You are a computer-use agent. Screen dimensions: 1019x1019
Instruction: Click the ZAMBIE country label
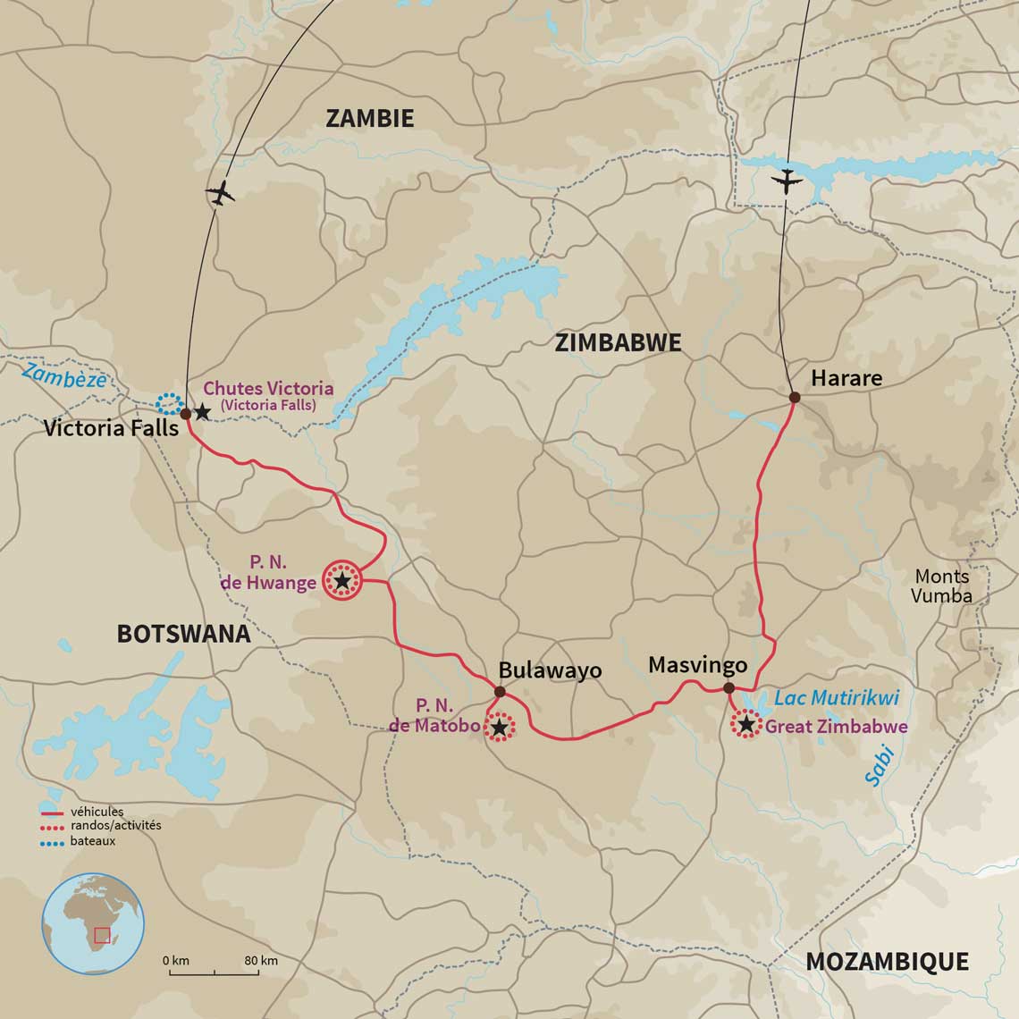[x=369, y=118]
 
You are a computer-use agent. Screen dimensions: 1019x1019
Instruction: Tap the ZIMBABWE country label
[x=618, y=342]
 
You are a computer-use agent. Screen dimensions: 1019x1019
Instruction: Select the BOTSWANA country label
[x=183, y=634]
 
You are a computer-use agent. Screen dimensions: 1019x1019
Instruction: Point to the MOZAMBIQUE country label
[x=887, y=961]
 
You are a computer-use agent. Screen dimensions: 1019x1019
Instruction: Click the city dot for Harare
[x=793, y=397]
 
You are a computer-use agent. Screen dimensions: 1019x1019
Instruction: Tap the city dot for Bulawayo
[x=500, y=692]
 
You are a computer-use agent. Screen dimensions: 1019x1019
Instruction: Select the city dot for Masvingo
[x=728, y=687]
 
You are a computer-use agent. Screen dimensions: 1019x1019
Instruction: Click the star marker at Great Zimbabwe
[x=745, y=724]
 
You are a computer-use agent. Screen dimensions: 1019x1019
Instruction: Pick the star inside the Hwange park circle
[x=342, y=581]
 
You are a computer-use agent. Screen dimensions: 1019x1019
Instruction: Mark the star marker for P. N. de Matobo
[x=499, y=728]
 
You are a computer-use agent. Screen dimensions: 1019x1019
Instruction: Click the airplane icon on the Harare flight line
[x=787, y=181]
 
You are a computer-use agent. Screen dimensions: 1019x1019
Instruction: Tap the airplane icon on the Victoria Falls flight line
[x=220, y=193]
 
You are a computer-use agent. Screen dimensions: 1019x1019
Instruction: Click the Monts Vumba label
[x=941, y=585]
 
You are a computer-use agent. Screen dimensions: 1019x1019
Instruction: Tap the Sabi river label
[x=880, y=767]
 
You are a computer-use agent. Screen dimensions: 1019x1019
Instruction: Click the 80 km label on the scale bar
[x=261, y=961]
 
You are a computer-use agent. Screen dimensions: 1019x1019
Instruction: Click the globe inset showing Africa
[x=93, y=923]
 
